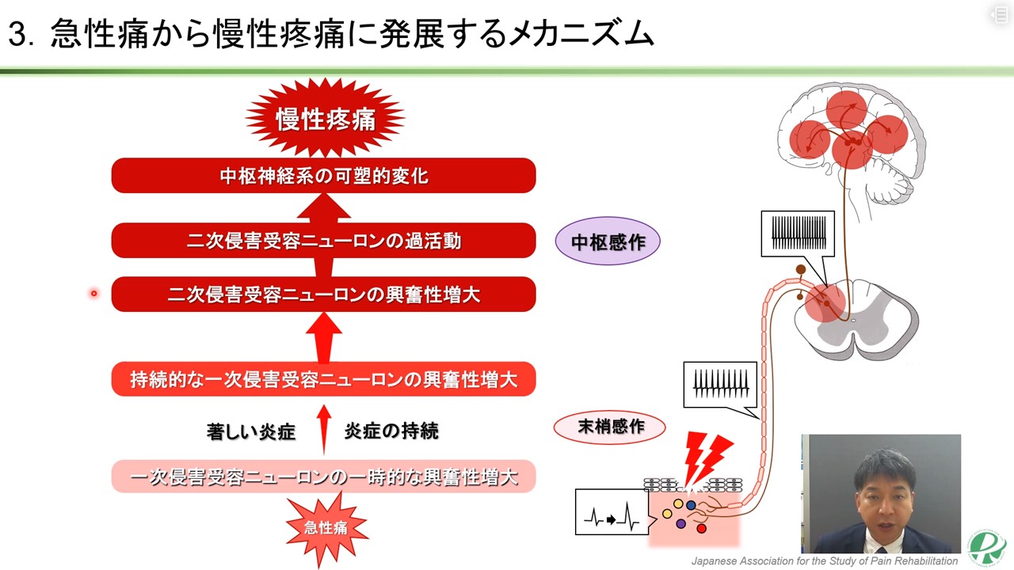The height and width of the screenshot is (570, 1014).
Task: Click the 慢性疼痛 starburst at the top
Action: [x=325, y=119]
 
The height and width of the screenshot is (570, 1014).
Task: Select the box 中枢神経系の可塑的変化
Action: [x=323, y=175]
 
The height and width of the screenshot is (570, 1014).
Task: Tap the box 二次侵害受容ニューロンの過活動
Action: [x=323, y=240]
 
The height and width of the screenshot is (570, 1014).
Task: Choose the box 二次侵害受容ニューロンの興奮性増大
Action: [x=323, y=294]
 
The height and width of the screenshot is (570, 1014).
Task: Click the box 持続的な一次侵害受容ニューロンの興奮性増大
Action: [x=323, y=379]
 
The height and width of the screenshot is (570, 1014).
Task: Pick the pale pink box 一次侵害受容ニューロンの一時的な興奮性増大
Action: [x=323, y=477]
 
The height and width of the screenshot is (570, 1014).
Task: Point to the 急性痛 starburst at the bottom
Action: [x=326, y=526]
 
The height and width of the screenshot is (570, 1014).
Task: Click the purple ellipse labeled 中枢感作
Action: [x=608, y=241]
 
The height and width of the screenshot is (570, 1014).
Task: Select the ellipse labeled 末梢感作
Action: [x=610, y=427]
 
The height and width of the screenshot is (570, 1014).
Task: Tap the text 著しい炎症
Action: [x=250, y=431]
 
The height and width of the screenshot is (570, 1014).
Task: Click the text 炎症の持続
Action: [x=391, y=431]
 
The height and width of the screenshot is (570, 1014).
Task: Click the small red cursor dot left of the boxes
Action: [x=93, y=294]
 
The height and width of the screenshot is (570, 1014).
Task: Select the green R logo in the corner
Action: [x=986, y=547]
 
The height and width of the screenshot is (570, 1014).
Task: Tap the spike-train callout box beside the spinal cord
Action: [x=798, y=233]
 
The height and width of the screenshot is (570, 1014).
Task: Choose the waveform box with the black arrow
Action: [x=612, y=519]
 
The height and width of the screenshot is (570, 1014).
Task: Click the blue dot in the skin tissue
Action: [x=691, y=505]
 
